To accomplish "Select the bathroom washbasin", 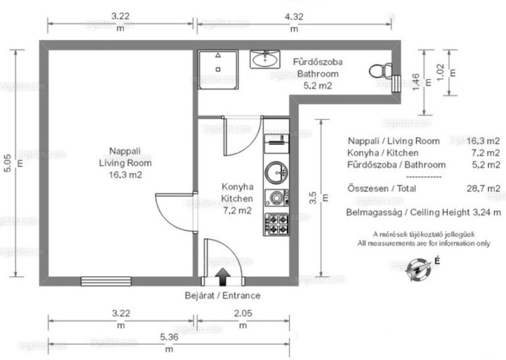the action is (x=265, y=59).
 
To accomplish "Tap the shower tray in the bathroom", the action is (x=218, y=69).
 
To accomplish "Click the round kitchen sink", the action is (x=276, y=172).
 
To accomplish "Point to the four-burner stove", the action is (x=276, y=224).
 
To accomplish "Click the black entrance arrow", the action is (x=223, y=277).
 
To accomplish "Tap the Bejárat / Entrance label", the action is (x=222, y=295).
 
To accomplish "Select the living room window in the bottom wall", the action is (x=106, y=281).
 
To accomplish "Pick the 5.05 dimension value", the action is (x=8, y=163).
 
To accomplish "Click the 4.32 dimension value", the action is (x=293, y=17).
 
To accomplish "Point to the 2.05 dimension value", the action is (x=243, y=313).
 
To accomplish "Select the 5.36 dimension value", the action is (x=169, y=337).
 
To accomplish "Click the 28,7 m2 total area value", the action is (x=483, y=189).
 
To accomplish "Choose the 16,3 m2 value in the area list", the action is (x=483, y=141).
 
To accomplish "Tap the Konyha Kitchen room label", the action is (x=237, y=193).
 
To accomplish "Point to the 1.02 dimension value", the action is (x=440, y=72).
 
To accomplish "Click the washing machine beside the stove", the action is (x=276, y=197).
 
